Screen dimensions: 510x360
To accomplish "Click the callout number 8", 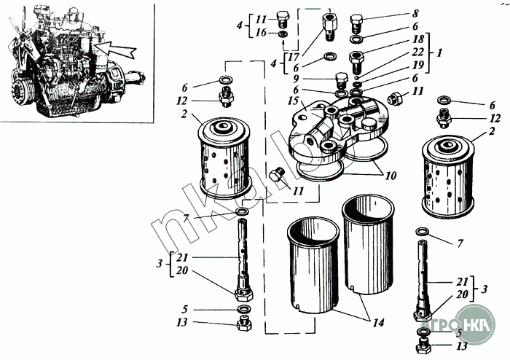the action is point(415,13).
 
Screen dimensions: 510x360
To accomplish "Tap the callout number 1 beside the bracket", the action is point(439,54).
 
